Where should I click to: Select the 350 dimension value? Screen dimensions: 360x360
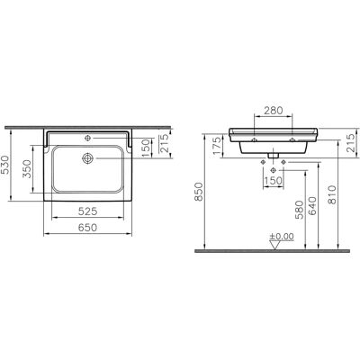pyautogui.click(x=27, y=169)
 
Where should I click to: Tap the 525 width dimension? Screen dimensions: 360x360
pyautogui.click(x=87, y=211)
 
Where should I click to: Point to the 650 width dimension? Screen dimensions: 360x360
pyautogui.click(x=87, y=228)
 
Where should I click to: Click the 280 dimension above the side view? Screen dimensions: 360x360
pyautogui.click(x=273, y=111)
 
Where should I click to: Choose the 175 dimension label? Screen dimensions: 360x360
pyautogui.click(x=218, y=146)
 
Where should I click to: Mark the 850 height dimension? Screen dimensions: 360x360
pyautogui.click(x=199, y=192)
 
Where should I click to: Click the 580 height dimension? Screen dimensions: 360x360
pyautogui.click(x=300, y=211)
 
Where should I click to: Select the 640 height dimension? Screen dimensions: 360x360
pyautogui.click(x=312, y=206)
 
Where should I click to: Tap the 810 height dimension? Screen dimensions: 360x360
pyautogui.click(x=332, y=195)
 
